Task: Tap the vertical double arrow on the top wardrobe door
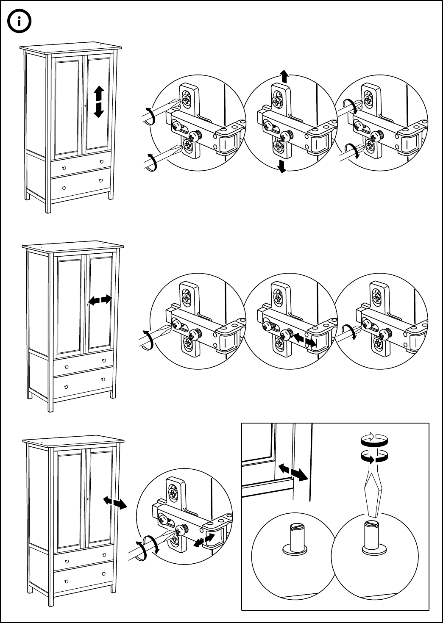click(x=98, y=102)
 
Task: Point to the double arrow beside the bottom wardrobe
click(x=115, y=503)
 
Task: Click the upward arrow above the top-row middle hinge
click(x=284, y=77)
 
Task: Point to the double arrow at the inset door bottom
click(x=293, y=472)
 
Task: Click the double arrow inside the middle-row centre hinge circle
click(x=305, y=340)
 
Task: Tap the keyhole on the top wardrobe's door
click(x=85, y=105)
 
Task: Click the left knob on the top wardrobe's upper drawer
click(x=64, y=168)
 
